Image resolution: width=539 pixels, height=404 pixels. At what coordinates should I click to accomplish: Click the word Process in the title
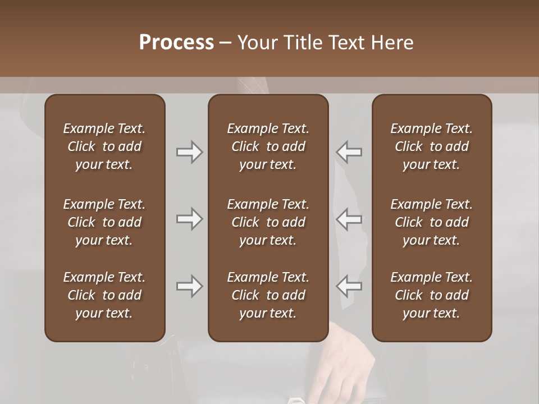pyautogui.click(x=176, y=43)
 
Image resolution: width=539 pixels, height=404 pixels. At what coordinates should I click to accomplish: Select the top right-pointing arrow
pyautogui.click(x=189, y=152)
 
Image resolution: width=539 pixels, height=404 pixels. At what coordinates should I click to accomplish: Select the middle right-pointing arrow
pyautogui.click(x=189, y=219)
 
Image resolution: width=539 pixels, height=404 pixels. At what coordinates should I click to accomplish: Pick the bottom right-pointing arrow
pyautogui.click(x=189, y=287)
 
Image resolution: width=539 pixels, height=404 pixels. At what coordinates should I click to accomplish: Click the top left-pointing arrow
pyautogui.click(x=349, y=152)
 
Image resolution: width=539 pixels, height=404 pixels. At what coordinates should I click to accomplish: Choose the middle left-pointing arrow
pyautogui.click(x=349, y=219)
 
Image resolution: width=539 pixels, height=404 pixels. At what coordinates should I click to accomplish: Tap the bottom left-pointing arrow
pyautogui.click(x=349, y=287)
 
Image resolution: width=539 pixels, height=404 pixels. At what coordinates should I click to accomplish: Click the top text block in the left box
pyautogui.click(x=104, y=146)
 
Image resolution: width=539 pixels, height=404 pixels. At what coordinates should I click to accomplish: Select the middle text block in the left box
pyautogui.click(x=104, y=222)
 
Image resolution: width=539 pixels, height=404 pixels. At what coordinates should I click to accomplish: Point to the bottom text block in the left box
pyautogui.click(x=104, y=295)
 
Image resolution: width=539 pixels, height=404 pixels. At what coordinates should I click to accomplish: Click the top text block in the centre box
pyautogui.click(x=268, y=146)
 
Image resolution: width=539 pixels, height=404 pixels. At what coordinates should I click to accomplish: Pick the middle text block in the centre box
pyautogui.click(x=268, y=222)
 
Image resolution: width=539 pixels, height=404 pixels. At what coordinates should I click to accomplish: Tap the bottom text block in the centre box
pyautogui.click(x=268, y=295)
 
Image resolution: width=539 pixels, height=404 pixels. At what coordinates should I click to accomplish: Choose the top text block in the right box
pyautogui.click(x=431, y=146)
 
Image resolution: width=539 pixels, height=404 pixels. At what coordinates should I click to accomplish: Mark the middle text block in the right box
pyautogui.click(x=431, y=222)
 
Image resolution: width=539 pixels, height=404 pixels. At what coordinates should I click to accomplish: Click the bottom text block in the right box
pyautogui.click(x=431, y=295)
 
